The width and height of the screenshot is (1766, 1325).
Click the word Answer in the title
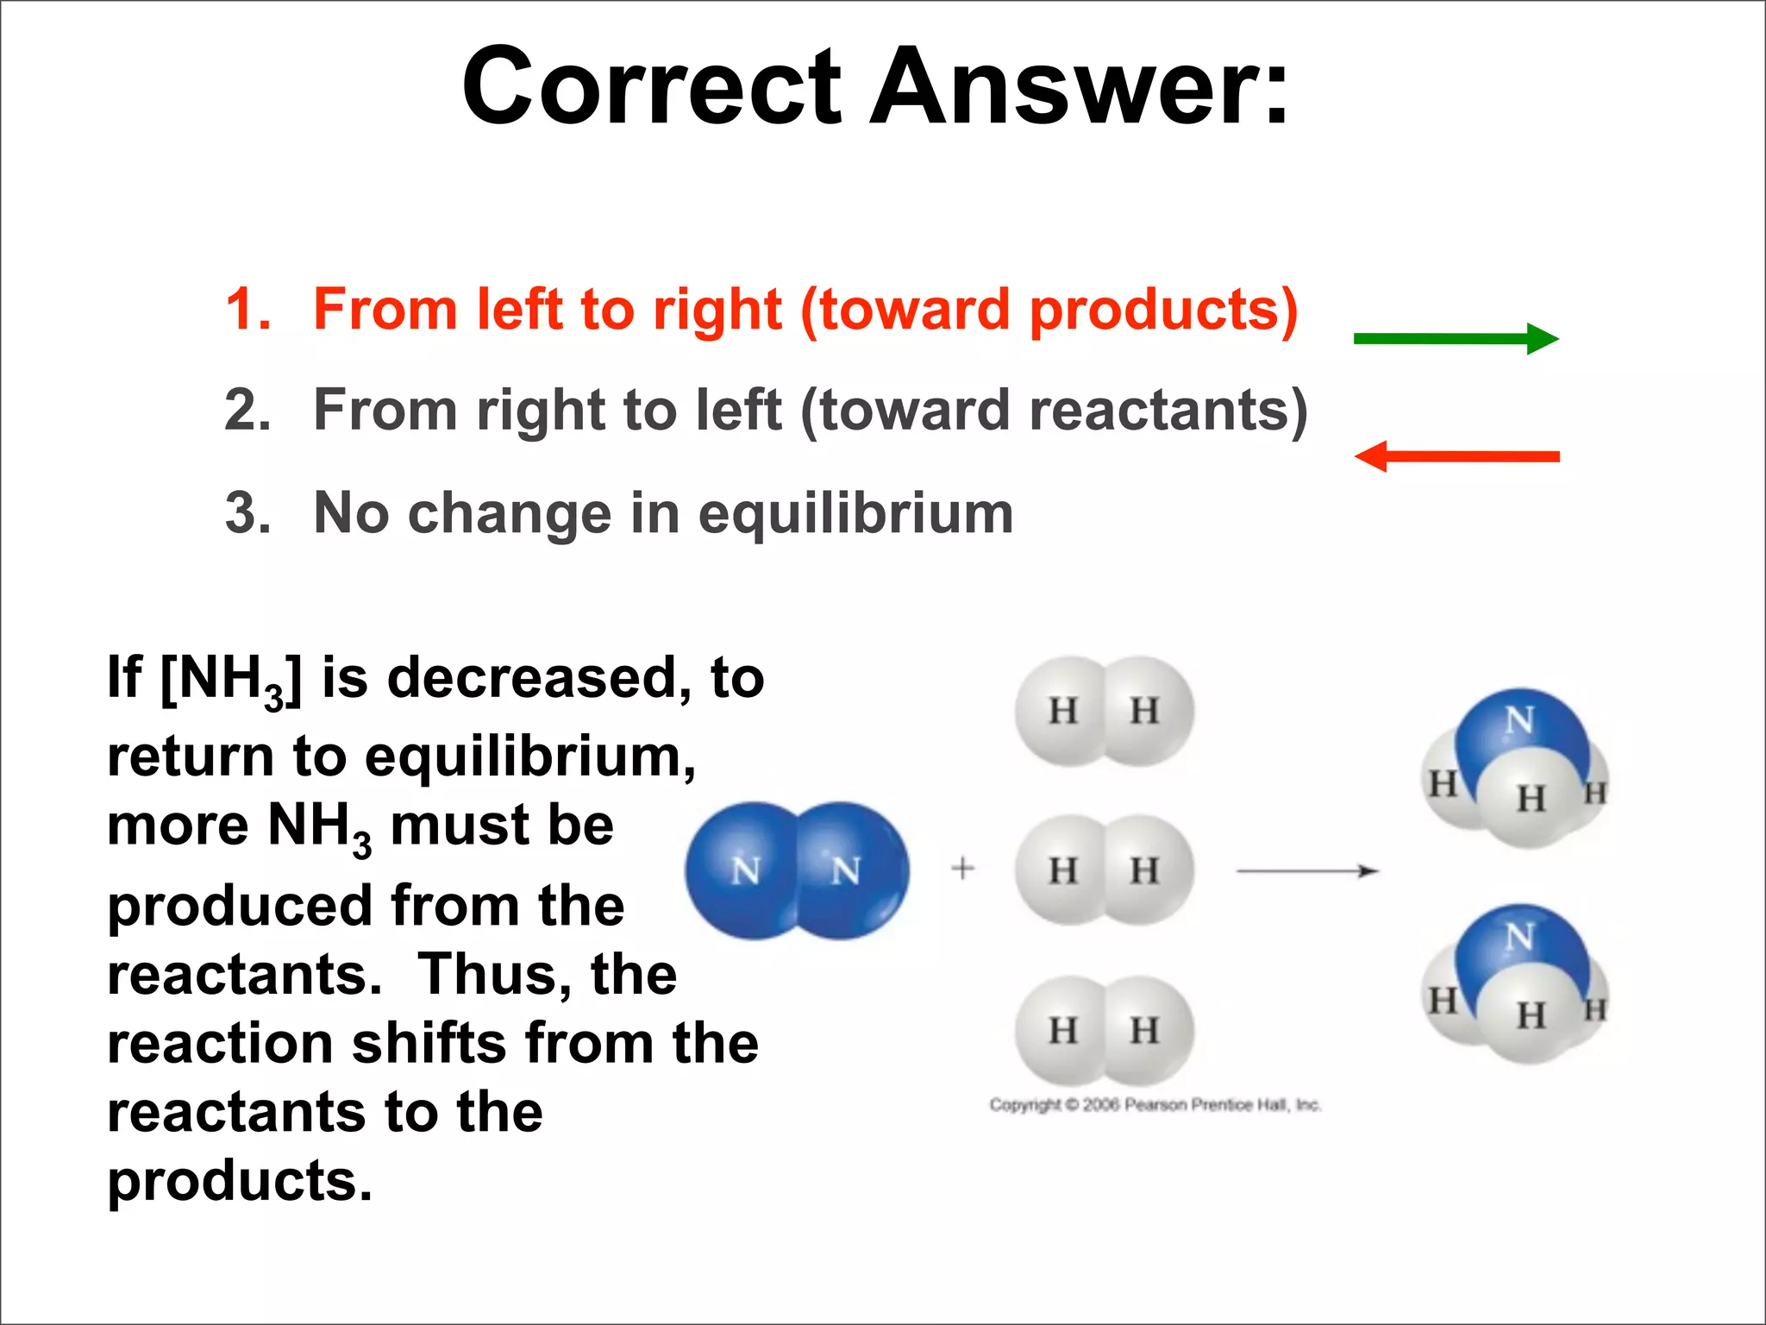(1078, 86)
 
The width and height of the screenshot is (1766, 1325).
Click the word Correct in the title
(651, 86)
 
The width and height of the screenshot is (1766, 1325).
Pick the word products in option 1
(1155, 309)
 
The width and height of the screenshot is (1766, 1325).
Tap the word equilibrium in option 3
(855, 513)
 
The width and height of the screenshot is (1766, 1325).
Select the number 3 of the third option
(247, 513)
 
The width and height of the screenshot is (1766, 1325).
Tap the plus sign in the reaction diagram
(962, 868)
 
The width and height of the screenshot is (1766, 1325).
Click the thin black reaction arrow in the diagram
(1307, 871)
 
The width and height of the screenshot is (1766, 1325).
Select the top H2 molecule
(1104, 712)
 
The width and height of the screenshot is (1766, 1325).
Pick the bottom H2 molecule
(1104, 1030)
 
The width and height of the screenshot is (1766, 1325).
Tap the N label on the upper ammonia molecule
(1519, 720)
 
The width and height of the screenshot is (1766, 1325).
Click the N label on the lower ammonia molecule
(1519, 937)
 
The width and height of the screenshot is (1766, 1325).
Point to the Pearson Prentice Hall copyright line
(1155, 1105)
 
